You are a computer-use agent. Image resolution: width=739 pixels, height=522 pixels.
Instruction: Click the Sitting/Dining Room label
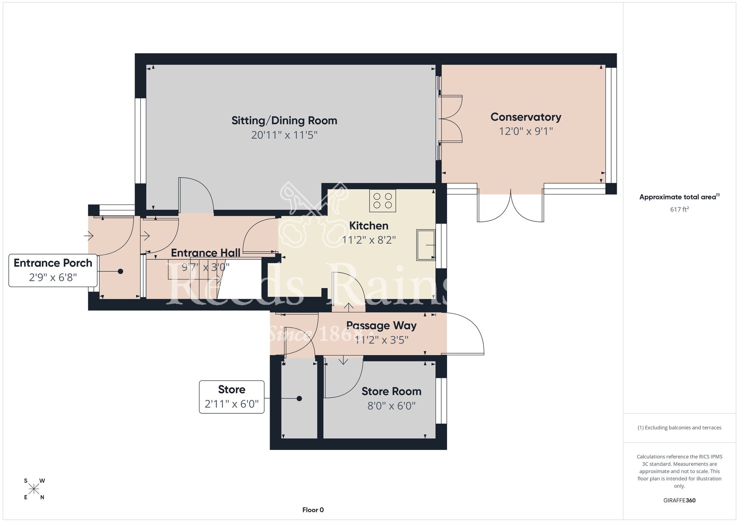(x=284, y=121)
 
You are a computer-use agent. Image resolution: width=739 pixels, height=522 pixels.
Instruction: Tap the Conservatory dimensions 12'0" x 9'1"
(x=526, y=131)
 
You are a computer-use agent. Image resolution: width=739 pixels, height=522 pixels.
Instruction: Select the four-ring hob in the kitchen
(x=382, y=200)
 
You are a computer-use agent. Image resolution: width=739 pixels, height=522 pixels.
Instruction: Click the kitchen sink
(x=426, y=245)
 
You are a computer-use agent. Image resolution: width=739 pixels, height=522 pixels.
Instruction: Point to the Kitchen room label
(x=368, y=226)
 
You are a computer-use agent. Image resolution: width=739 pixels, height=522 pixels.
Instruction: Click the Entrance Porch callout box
(x=53, y=270)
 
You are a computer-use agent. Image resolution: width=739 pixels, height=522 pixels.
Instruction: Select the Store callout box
(x=232, y=397)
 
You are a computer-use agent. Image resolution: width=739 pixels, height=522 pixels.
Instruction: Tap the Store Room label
(x=391, y=391)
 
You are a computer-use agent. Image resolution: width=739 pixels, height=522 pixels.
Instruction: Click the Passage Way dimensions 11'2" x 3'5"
(x=381, y=340)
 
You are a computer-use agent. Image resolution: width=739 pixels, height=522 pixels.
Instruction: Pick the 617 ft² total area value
(x=680, y=209)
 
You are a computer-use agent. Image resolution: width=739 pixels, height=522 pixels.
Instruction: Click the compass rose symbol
(x=34, y=489)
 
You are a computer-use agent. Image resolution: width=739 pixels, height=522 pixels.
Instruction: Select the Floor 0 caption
(x=313, y=510)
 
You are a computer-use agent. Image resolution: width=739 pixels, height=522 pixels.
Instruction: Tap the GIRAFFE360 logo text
(x=680, y=501)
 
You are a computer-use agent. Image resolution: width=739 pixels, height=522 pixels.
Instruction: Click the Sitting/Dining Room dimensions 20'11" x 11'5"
(x=284, y=135)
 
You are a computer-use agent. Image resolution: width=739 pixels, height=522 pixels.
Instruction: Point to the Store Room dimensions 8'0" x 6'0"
(x=391, y=406)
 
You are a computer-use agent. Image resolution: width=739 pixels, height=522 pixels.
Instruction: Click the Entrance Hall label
(x=205, y=253)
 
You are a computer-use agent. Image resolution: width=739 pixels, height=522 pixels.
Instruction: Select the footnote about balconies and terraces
(x=680, y=427)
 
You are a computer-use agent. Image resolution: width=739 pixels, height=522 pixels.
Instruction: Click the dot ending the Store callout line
(x=299, y=399)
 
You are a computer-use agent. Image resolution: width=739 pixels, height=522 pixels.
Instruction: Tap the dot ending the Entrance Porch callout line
(x=120, y=271)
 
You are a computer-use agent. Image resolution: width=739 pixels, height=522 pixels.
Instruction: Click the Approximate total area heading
(x=680, y=197)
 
